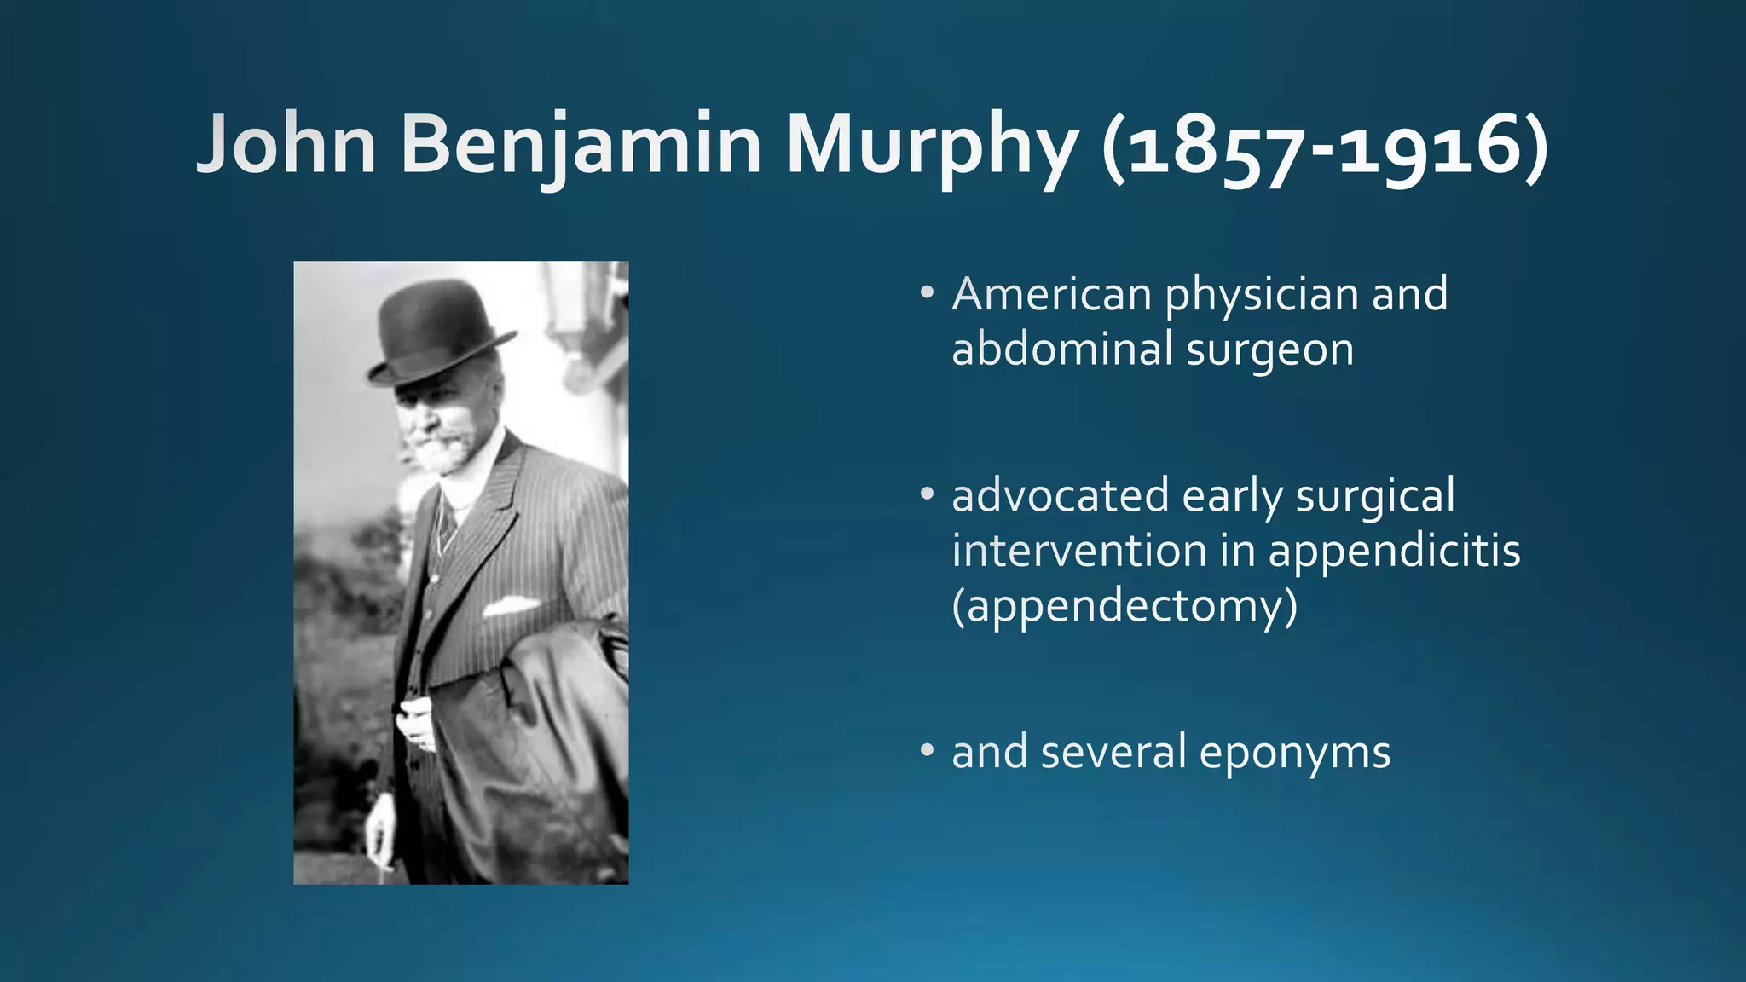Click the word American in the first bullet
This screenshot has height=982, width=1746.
click(x=1052, y=294)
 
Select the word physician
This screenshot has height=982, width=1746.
click(x=1262, y=296)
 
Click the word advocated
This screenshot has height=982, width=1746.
click(x=1061, y=496)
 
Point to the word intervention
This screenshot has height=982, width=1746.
click(x=1079, y=551)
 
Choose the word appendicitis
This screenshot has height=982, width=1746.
click(x=1394, y=552)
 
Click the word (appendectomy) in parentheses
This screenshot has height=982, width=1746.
click(x=1124, y=607)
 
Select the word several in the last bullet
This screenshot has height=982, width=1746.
click(x=1113, y=752)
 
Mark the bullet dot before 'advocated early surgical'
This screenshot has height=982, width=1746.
click(x=927, y=495)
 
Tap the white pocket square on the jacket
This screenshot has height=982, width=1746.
click(x=510, y=606)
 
